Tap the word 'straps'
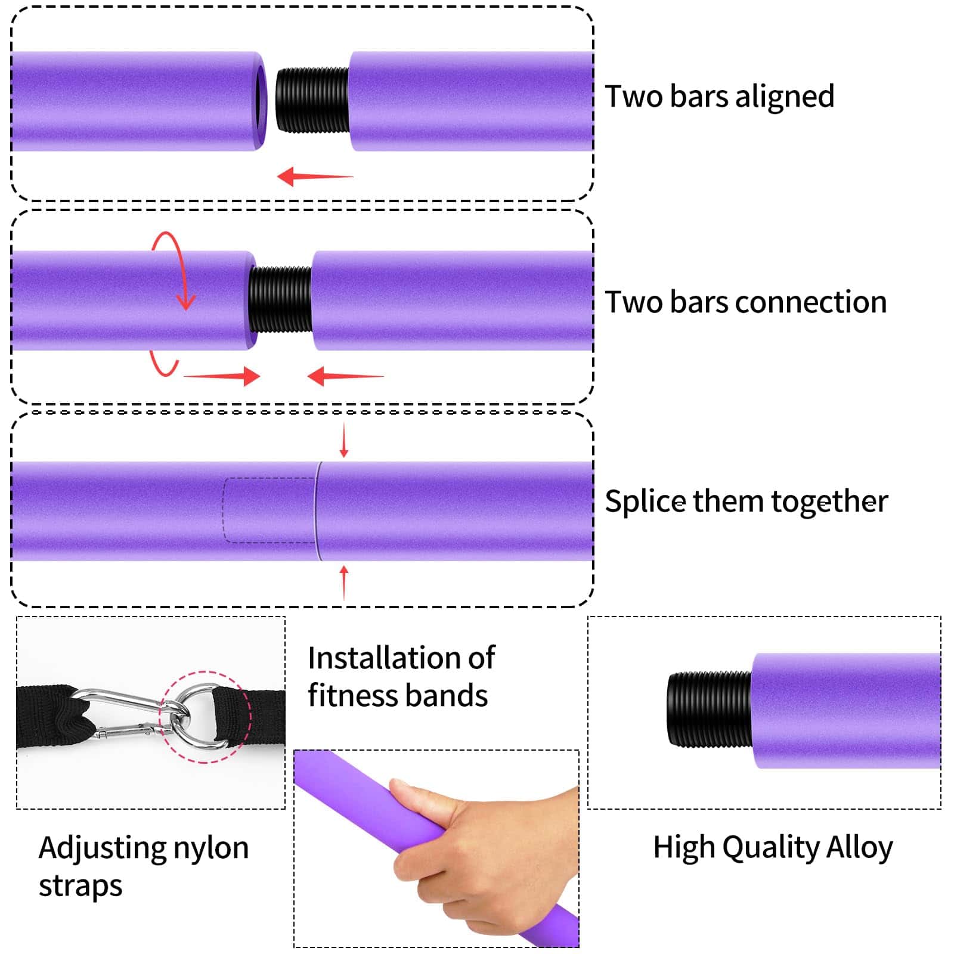click(80, 887)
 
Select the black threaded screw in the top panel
click(312, 100)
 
